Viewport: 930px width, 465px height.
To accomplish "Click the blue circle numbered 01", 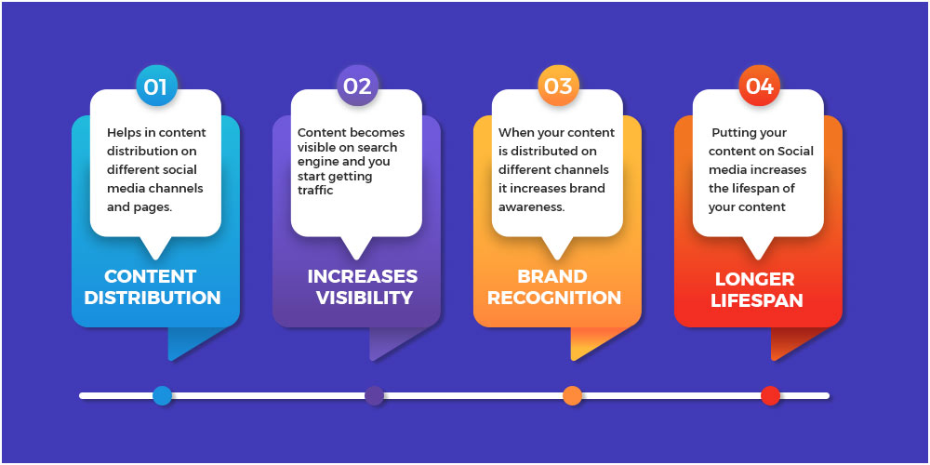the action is [156, 86].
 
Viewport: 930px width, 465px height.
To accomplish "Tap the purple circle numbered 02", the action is [358, 86].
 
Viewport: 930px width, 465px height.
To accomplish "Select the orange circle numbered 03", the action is [558, 86].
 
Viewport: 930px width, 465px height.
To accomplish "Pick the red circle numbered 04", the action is [759, 86].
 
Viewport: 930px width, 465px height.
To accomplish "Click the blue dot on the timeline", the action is [162, 395].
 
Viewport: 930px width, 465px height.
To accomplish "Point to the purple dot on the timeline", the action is [374, 395].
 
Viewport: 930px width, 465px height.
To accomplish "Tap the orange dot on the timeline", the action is [572, 395].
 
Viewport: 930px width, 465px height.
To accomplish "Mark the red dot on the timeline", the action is [770, 395].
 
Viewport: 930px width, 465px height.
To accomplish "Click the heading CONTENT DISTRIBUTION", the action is [153, 287].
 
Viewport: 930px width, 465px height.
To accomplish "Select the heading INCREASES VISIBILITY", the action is [363, 287].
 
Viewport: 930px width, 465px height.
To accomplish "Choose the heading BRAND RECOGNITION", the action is [554, 287].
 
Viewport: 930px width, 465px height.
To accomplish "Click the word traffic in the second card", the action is [315, 191].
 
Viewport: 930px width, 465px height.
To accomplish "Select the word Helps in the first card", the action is [122, 132].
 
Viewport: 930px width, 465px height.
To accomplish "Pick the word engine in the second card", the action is [314, 161].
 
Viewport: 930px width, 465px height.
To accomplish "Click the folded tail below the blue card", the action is [191, 343].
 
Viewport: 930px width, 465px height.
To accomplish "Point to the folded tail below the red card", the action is [793, 343].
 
